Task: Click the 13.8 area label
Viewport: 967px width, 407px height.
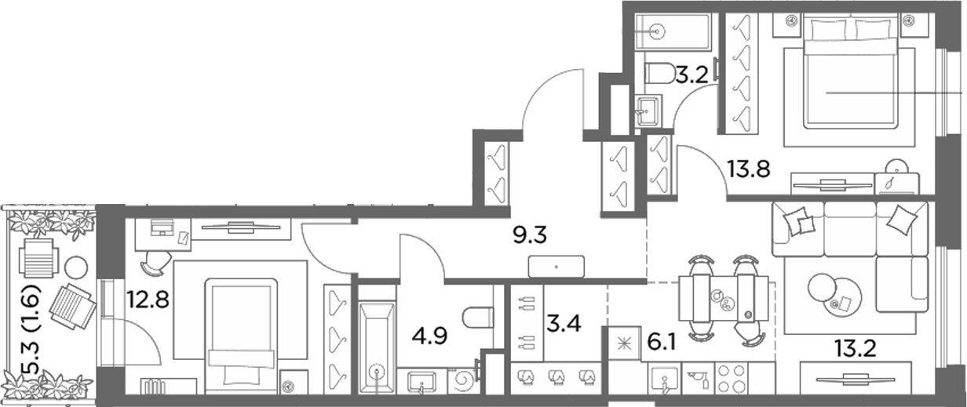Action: pos(749,169)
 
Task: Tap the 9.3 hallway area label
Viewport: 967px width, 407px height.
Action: pos(530,235)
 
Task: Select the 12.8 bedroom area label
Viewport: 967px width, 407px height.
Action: pos(148,300)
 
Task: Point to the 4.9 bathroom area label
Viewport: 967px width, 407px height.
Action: pos(429,336)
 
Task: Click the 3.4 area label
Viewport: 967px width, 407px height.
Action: pos(564,324)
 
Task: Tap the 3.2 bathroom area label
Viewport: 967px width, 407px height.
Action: pos(692,76)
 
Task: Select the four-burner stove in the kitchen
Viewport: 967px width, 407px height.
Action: pos(732,378)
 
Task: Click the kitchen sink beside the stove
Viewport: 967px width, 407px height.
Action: pos(666,380)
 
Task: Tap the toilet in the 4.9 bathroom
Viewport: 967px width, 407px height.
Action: pos(477,318)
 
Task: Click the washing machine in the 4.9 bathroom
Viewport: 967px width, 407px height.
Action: pos(464,380)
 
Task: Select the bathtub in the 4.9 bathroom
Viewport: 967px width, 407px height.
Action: pos(377,347)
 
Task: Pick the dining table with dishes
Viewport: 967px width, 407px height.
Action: pos(724,298)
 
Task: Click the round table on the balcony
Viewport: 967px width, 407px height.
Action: pos(76,267)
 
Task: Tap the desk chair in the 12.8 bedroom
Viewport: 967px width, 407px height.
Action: pos(155,262)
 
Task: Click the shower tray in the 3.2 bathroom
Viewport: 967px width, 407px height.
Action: pos(673,31)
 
